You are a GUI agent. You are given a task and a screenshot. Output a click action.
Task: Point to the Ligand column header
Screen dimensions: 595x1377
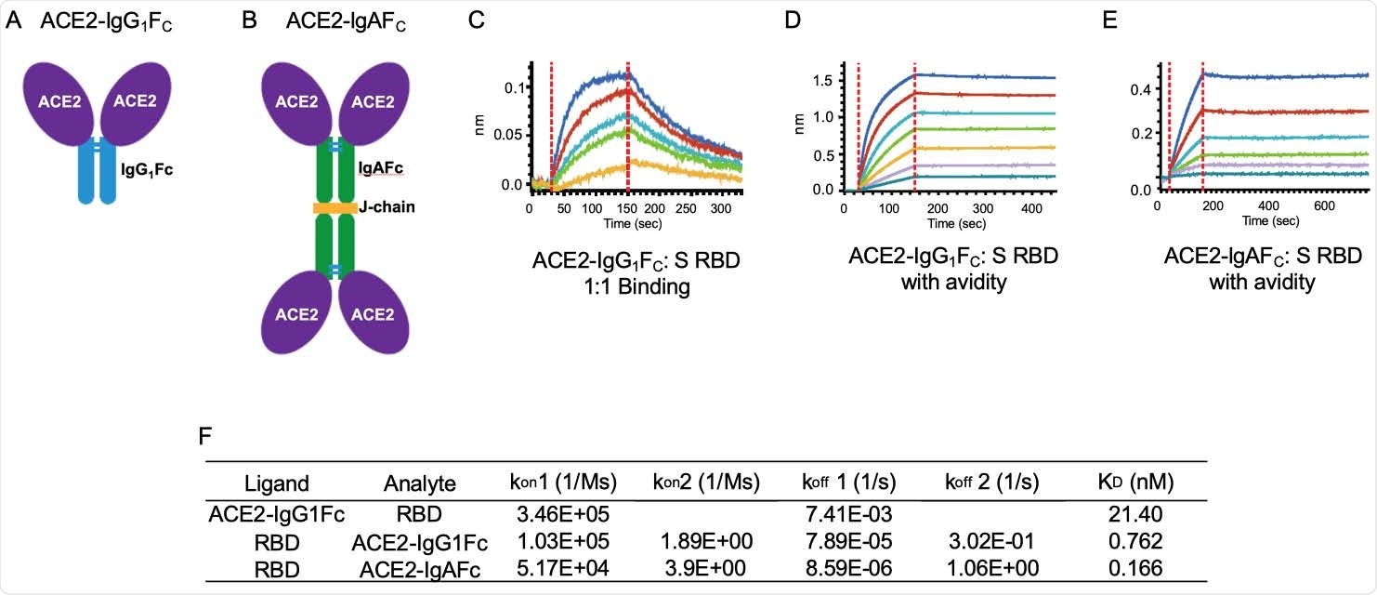click(x=277, y=484)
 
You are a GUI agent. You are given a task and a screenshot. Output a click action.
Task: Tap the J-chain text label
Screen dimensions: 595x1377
click(x=387, y=208)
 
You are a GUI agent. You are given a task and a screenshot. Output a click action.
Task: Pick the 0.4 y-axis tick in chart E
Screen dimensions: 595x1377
click(x=1138, y=89)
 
